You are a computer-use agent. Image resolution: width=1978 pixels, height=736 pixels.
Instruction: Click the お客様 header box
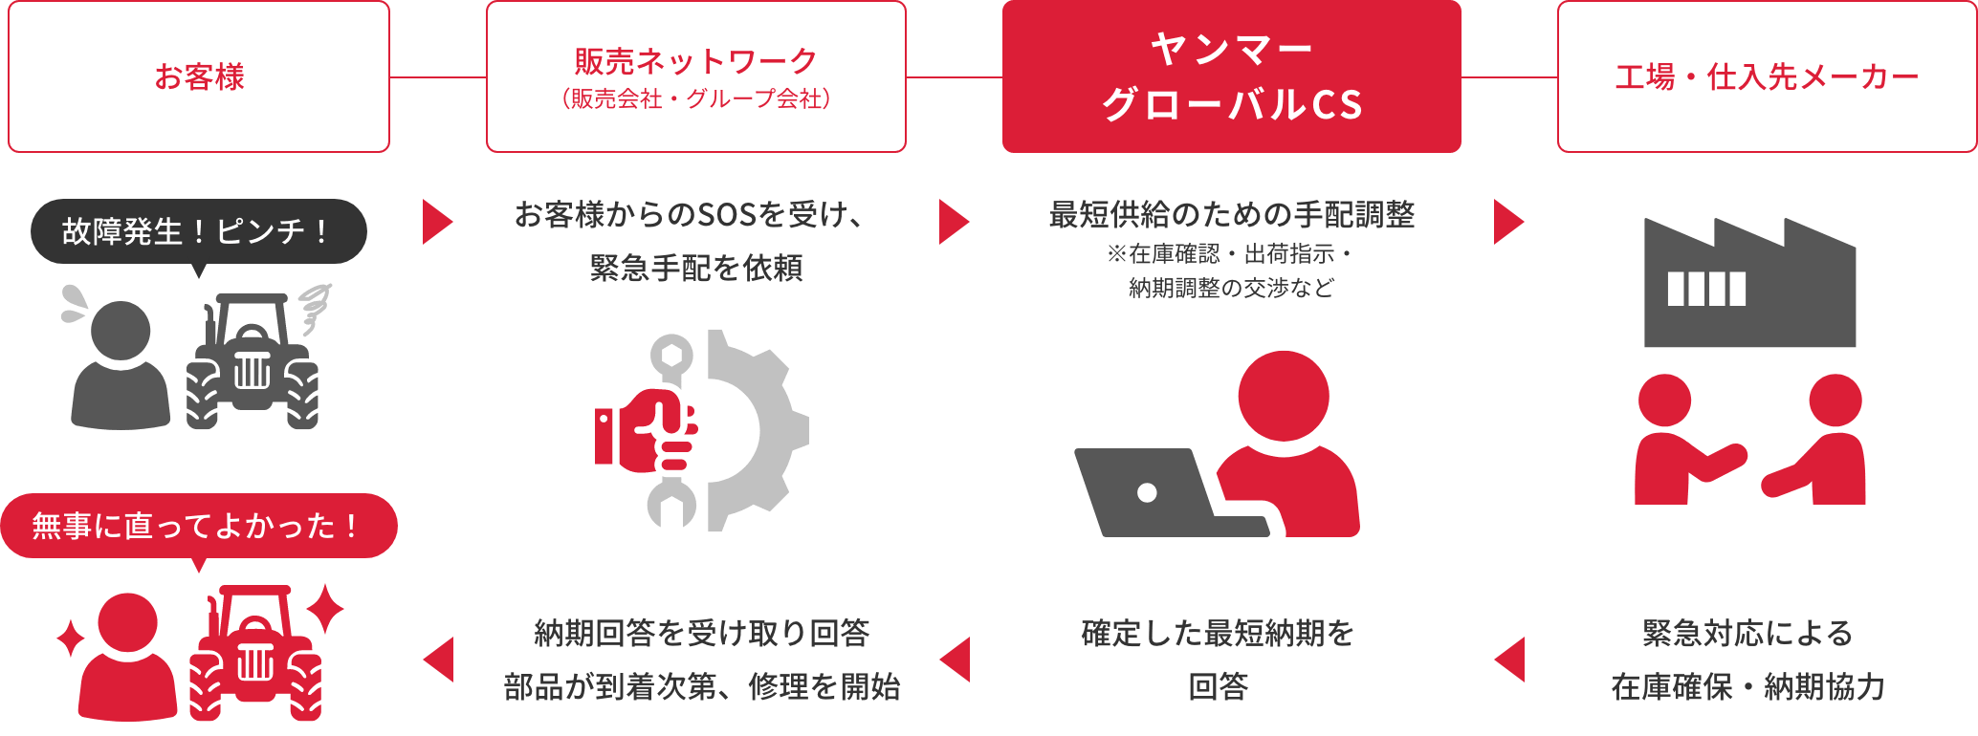199,76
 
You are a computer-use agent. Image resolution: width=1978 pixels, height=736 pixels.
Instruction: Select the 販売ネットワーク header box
696,76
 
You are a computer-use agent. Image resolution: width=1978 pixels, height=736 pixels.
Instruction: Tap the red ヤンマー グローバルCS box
1232,76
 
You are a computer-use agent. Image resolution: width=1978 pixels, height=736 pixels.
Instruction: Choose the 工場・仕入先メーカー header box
1768,76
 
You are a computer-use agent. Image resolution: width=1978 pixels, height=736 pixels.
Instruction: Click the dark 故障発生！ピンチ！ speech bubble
199,232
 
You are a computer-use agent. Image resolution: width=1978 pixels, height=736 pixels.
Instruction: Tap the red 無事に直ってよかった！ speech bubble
199,526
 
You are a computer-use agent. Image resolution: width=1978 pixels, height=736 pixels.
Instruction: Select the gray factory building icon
1749,283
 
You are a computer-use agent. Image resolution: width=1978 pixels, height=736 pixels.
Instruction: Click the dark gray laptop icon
1172,493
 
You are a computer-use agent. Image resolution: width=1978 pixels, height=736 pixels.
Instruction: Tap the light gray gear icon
756,430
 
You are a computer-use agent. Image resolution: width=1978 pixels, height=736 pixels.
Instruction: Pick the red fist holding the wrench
647,431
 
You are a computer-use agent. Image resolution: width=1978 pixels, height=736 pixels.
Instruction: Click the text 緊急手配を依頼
696,268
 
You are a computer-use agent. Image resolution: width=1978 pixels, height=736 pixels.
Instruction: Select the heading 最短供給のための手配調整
1232,214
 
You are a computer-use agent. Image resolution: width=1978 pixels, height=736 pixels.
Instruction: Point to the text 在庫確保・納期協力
1748,686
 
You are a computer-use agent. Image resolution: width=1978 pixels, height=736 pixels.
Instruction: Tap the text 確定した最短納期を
1219,633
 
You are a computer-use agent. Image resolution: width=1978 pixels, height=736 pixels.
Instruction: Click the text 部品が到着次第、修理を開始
702,686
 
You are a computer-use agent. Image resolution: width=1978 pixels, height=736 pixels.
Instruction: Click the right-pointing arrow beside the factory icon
1508,222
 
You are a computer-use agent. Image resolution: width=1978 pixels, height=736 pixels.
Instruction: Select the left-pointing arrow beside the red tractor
438,660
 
